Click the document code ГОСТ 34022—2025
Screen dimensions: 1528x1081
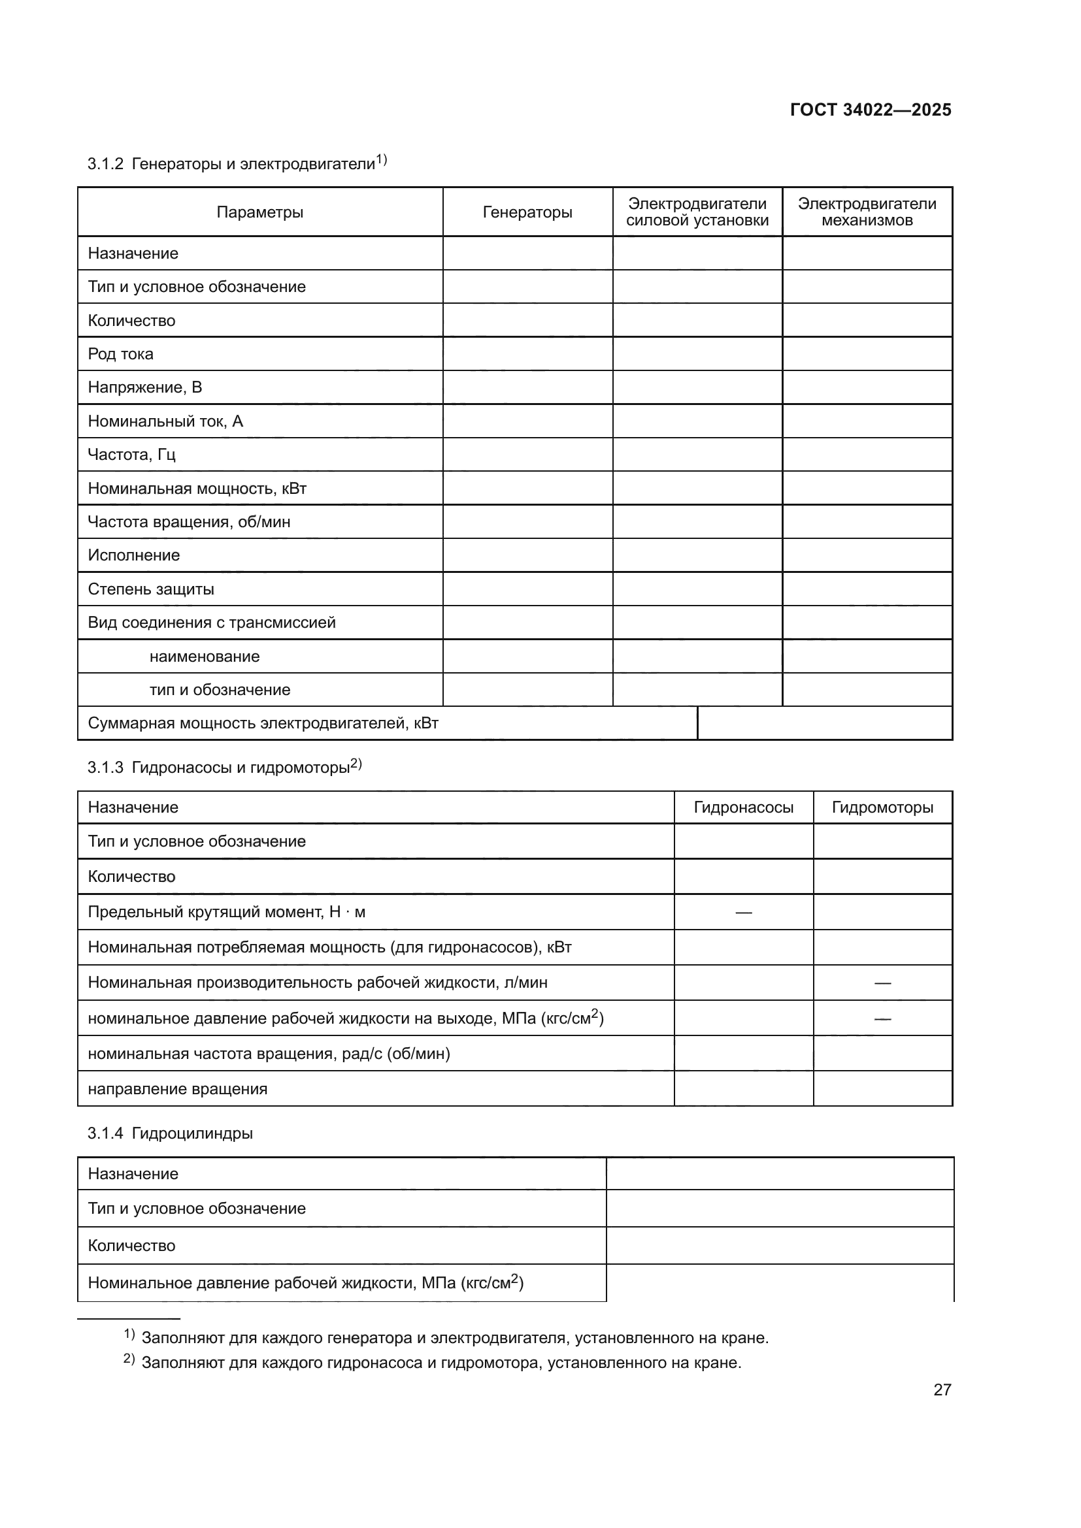tap(870, 110)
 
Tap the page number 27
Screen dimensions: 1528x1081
tap(942, 1390)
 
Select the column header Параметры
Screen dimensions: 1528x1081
tap(259, 212)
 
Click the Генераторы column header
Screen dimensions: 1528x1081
tap(527, 212)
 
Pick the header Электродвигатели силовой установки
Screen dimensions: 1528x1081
tap(697, 212)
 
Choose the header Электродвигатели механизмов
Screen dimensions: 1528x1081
tap(867, 212)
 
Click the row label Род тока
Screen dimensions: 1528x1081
tap(120, 354)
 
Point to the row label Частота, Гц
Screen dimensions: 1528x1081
tap(132, 455)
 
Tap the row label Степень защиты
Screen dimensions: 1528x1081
tap(151, 589)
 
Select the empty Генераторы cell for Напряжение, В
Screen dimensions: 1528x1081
tap(527, 387)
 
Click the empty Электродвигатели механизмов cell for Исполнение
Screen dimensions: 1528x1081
tap(867, 555)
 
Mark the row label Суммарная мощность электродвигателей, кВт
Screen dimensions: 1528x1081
tap(263, 723)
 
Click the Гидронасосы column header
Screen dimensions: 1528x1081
tap(744, 807)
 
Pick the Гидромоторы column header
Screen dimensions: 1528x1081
tap(882, 807)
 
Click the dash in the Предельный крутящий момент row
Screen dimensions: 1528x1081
tap(744, 913)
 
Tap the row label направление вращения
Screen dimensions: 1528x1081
tap(178, 1089)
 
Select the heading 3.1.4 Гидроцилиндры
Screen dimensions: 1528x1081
tap(170, 1133)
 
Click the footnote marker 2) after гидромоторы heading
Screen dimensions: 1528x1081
tap(356, 764)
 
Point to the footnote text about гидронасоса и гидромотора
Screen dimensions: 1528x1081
tap(441, 1362)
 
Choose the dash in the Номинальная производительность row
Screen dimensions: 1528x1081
tap(882, 983)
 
